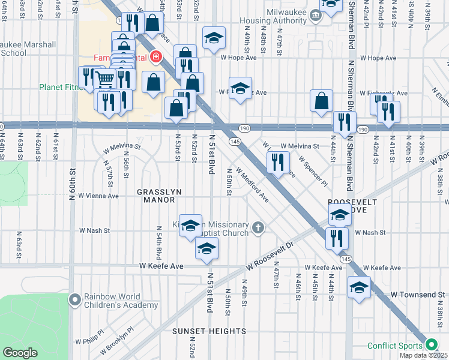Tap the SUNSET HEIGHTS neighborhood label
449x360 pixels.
(209, 331)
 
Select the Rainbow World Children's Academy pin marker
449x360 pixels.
(74, 299)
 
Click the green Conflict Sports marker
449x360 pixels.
(430, 344)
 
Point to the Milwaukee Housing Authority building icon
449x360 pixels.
(315, 13)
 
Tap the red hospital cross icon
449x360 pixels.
(156, 58)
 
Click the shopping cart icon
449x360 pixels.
(105, 79)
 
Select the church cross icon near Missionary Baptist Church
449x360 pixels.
(258, 227)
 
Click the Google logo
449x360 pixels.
(20, 353)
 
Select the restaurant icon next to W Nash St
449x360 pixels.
(337, 238)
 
